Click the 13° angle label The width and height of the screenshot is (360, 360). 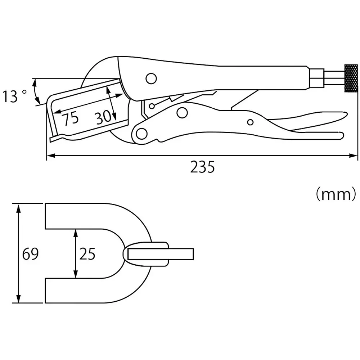click(14, 96)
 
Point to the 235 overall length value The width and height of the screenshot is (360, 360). click(202, 167)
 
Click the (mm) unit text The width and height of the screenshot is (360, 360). click(336, 195)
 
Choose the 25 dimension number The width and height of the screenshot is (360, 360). click(87, 254)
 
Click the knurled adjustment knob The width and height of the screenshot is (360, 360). click(351, 79)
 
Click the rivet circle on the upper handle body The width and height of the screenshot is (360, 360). click(151, 78)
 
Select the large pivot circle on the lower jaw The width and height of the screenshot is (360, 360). click(140, 133)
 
